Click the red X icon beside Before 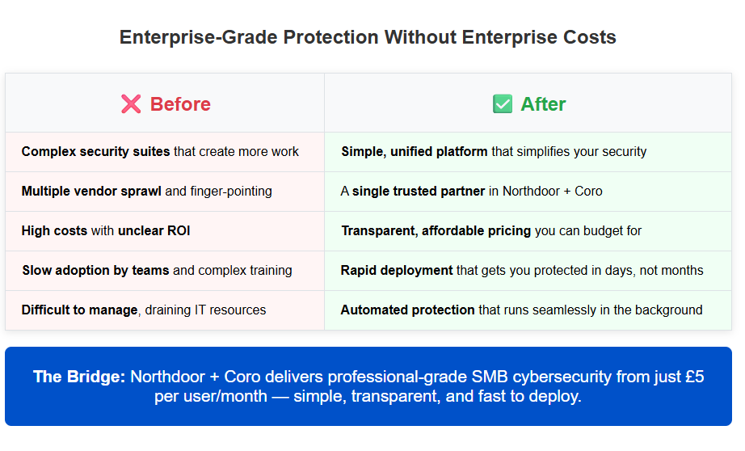tap(131, 104)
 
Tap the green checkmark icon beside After tap(502, 104)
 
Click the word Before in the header tap(180, 104)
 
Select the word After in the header tap(543, 104)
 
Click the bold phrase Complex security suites tap(95, 151)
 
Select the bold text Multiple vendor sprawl tap(91, 192)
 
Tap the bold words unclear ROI tap(154, 231)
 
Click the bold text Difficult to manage tap(79, 310)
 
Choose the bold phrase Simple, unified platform tap(415, 151)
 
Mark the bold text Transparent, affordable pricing tap(436, 231)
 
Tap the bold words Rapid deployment tap(397, 271)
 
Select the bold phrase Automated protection tap(407, 310)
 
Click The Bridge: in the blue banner tap(79, 377)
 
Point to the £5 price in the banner tap(692, 377)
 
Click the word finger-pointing tap(231, 192)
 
